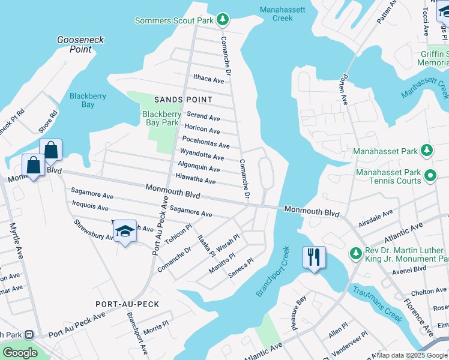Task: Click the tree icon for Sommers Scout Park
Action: pyautogui.click(x=223, y=20)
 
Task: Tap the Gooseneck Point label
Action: pyautogui.click(x=80, y=44)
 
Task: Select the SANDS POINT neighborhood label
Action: pyautogui.click(x=183, y=100)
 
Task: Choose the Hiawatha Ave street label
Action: pyautogui.click(x=195, y=181)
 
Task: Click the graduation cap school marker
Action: pyautogui.click(x=125, y=232)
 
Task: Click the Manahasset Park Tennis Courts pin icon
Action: pyautogui.click(x=430, y=176)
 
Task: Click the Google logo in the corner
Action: pyautogui.click(x=19, y=353)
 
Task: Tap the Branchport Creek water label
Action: pyautogui.click(x=273, y=271)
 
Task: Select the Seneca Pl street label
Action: pyautogui.click(x=241, y=269)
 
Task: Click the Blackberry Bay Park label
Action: pyautogui.click(x=161, y=118)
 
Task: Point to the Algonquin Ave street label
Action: pyautogui.click(x=199, y=169)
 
